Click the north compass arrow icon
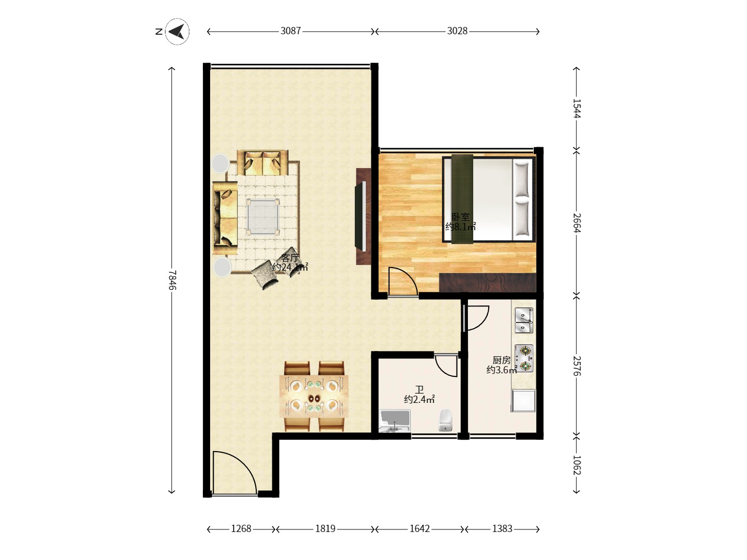point(177,32)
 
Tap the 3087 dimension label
point(290,31)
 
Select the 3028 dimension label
point(457,31)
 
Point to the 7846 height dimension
point(172,280)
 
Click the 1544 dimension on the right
point(577,108)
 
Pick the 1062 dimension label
point(577,465)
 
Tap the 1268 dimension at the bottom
point(241,529)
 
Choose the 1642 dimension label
point(420,529)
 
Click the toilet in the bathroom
point(446,420)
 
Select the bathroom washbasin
point(395,421)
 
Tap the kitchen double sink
point(524,320)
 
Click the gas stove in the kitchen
point(524,358)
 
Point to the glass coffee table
point(262,217)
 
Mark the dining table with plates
point(314,397)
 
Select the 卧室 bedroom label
point(461,217)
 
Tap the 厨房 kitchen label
point(501,360)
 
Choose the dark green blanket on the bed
point(462,199)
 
